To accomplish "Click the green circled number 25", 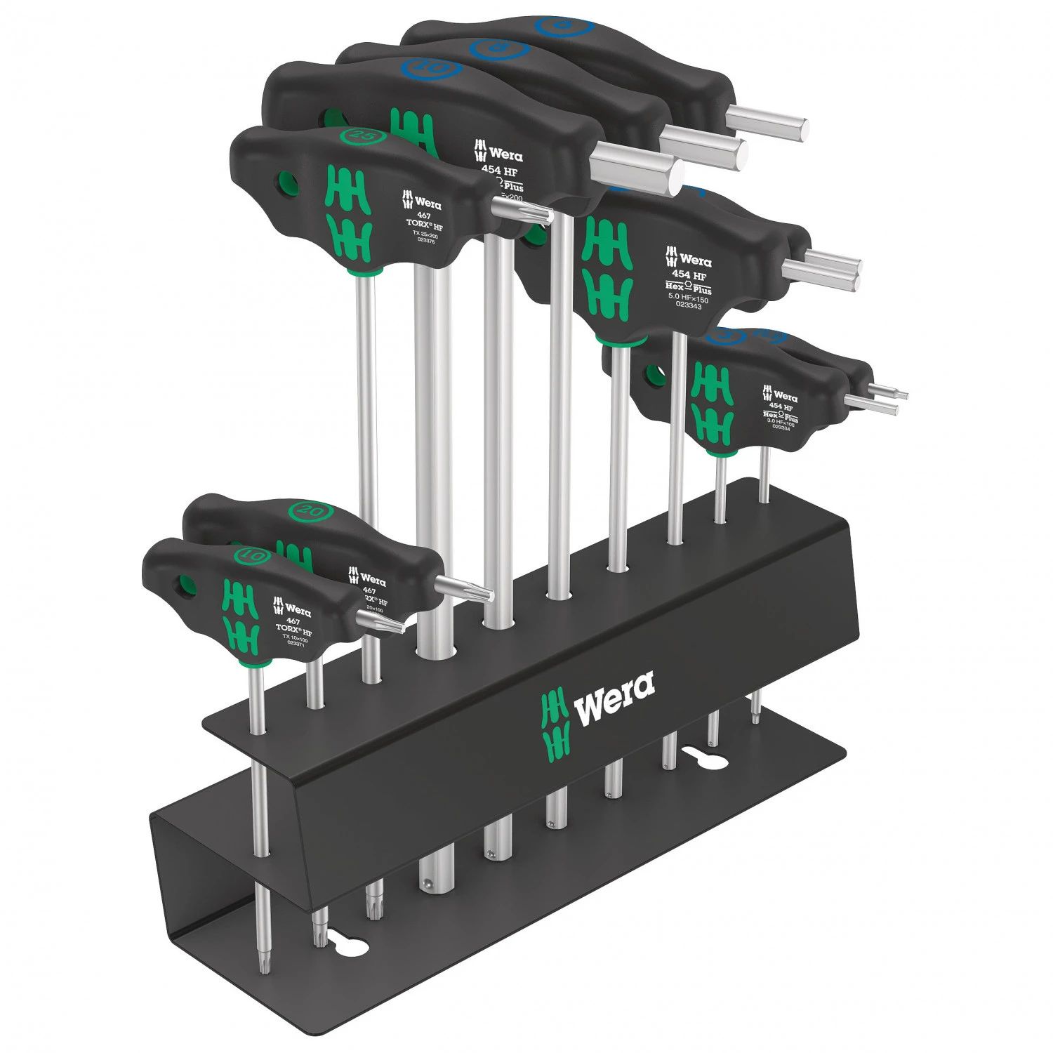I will pos(362,135).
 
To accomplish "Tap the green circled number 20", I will pos(310,510).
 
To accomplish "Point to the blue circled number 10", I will pos(430,69).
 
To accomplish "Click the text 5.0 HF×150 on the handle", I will pos(688,298).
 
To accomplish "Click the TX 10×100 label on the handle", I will pos(295,637).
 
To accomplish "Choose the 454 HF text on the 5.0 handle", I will pos(689,275).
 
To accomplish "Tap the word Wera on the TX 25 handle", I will pos(427,204).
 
